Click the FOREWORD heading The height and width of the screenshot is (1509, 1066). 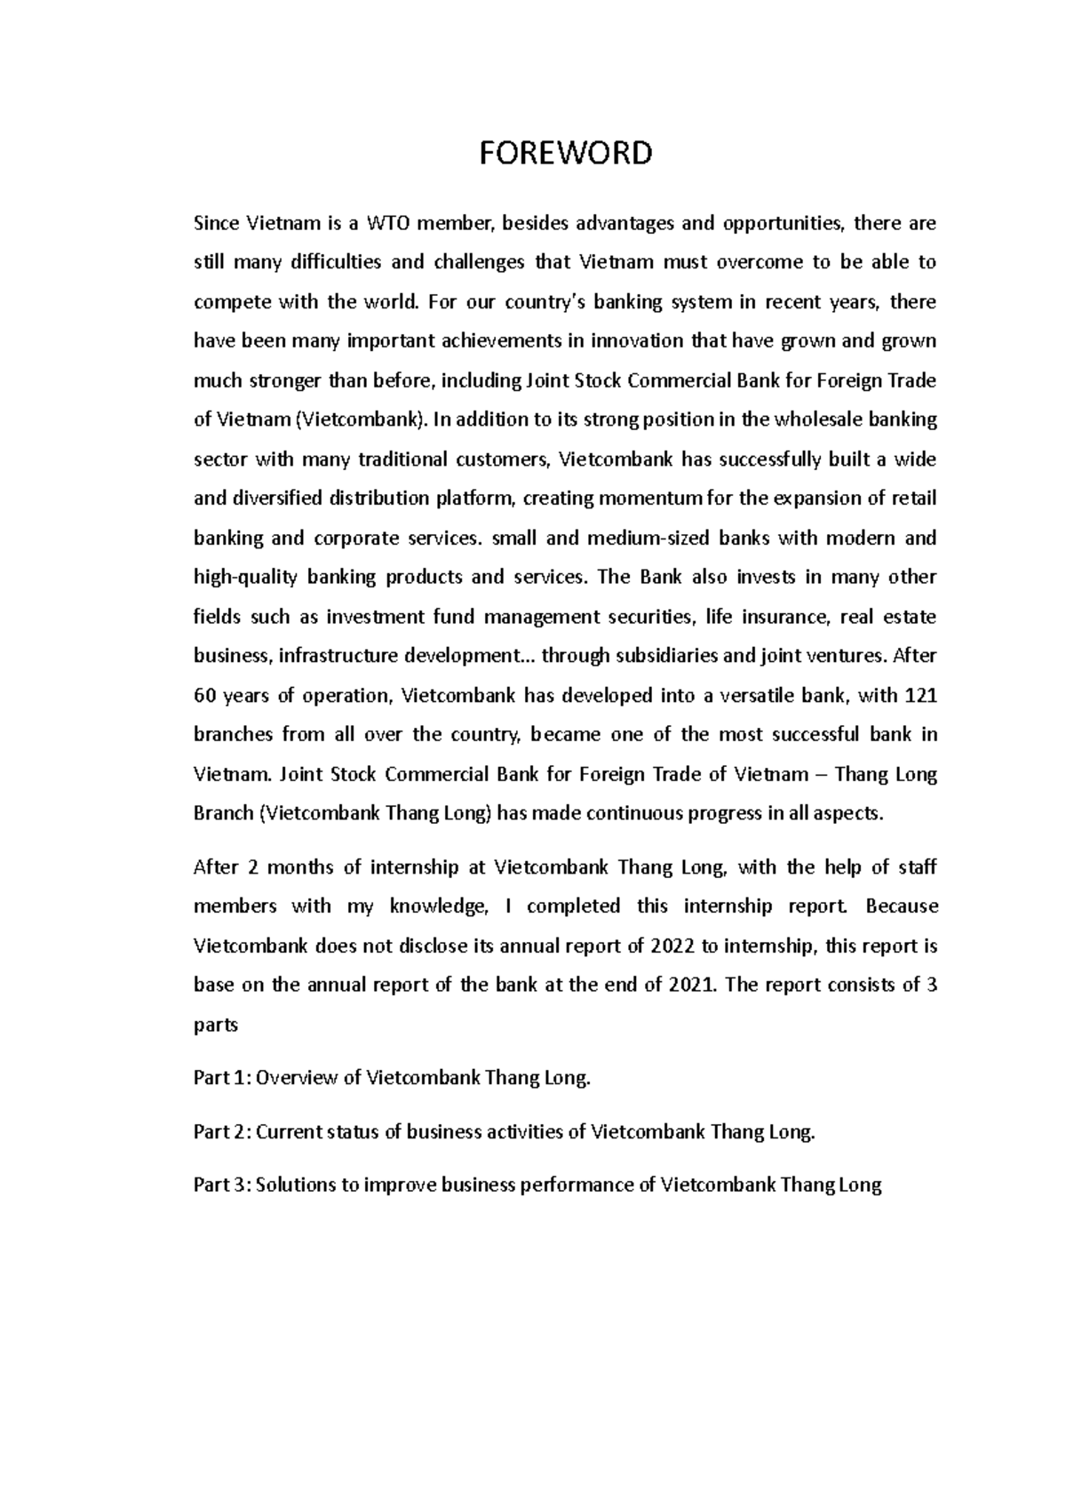point(566,154)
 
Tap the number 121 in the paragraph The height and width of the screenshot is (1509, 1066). point(919,696)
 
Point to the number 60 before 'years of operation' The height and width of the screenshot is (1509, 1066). point(204,696)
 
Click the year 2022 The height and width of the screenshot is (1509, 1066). point(673,946)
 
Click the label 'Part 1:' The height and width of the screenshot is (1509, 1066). point(222,1079)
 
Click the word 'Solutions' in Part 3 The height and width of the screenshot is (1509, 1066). point(296,1186)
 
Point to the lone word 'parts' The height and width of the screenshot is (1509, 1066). point(215,1026)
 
